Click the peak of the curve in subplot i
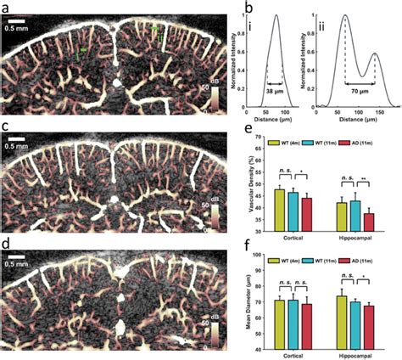click(x=276, y=15)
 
